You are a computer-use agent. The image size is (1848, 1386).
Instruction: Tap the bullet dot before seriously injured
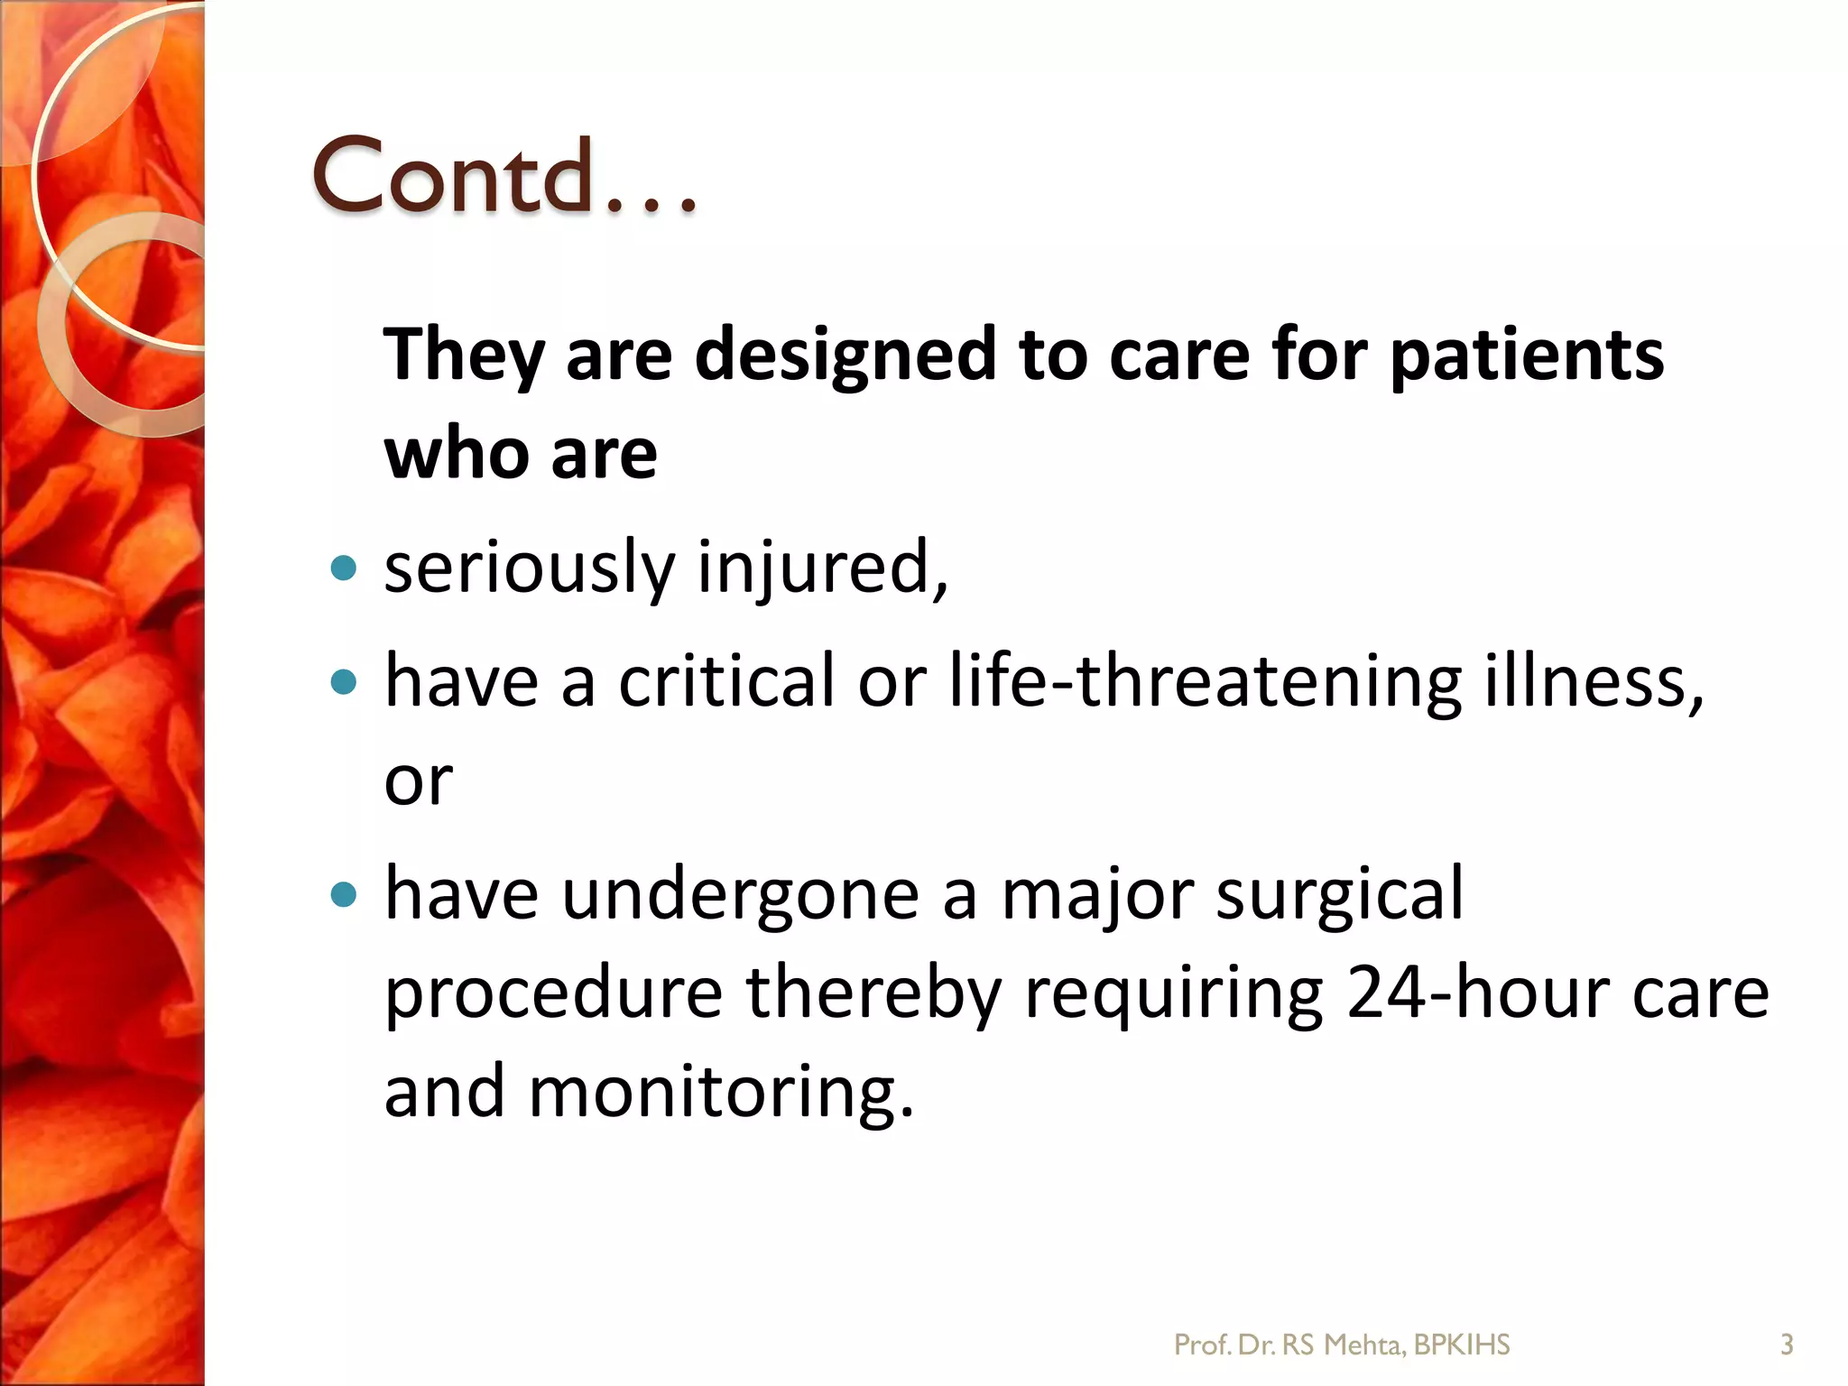(x=344, y=568)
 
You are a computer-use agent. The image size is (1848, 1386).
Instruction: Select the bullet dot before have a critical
(x=344, y=681)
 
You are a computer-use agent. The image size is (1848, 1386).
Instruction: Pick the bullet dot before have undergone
(x=344, y=894)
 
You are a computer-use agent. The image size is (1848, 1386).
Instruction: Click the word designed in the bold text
(x=845, y=355)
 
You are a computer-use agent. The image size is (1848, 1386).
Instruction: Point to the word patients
(x=1527, y=355)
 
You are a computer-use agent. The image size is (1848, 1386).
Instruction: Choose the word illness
(x=1594, y=681)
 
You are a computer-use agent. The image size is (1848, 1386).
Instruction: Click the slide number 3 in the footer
(x=1786, y=1345)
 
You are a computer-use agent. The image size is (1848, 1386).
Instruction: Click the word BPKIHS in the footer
(x=1462, y=1345)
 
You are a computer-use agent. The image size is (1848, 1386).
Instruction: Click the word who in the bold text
(x=456, y=454)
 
